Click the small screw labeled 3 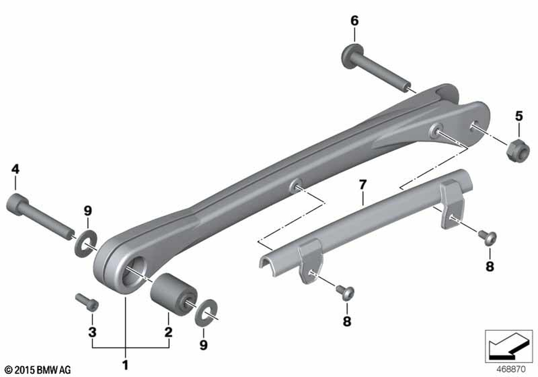(87, 301)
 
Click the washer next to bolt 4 (86, 244)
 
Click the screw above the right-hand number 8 (487, 237)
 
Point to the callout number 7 (363, 185)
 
